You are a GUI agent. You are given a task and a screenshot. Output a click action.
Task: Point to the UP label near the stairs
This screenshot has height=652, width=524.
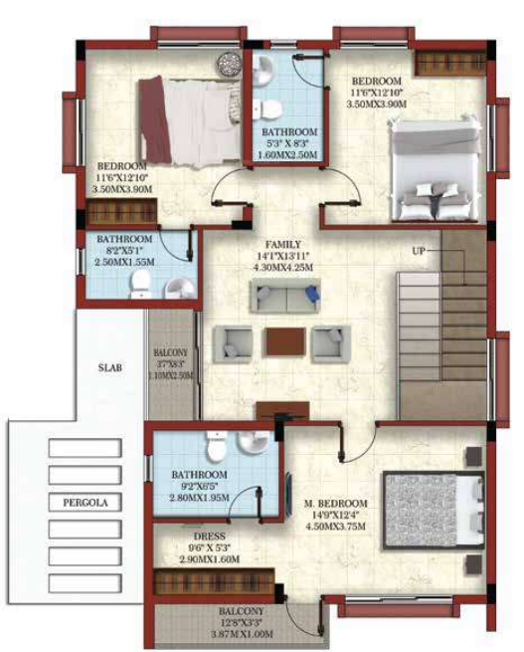tap(419, 251)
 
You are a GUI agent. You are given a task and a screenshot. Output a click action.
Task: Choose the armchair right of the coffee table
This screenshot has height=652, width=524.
tap(329, 342)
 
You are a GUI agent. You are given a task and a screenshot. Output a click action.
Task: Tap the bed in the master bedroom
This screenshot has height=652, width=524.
tap(432, 508)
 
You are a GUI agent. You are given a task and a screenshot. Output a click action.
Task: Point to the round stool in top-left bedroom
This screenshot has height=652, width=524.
tap(229, 61)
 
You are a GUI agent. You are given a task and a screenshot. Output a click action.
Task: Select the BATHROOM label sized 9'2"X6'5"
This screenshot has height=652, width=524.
tap(199, 475)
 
